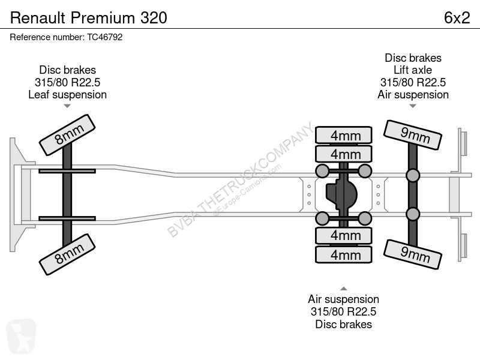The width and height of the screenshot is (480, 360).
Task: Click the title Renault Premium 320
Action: coord(88,18)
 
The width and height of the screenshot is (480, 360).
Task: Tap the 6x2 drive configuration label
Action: coord(457,18)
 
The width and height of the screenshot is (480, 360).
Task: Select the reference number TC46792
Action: coord(104,37)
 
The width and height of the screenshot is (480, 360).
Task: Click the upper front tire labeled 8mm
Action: coord(67,135)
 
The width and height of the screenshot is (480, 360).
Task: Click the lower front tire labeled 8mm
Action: coord(67,254)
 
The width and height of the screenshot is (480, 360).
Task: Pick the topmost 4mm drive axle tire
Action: coord(344,135)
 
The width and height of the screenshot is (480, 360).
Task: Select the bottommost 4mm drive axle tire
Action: coord(344,254)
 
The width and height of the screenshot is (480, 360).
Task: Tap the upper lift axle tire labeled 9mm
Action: coord(413,135)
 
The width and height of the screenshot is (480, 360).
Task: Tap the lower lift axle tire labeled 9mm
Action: coord(413,254)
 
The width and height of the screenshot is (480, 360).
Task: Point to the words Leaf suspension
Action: coord(67,95)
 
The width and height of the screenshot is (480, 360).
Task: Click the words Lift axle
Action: coord(413,70)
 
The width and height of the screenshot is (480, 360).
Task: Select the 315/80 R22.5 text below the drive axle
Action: coord(343,311)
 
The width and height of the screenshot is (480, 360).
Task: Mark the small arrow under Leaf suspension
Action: coord(67,106)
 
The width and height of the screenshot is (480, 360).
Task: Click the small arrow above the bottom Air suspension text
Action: coord(344,289)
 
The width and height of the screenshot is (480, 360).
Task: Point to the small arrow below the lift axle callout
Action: coord(413,106)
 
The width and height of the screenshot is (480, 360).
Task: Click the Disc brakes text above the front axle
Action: coord(67,70)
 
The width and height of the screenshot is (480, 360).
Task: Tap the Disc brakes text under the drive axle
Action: coord(343,324)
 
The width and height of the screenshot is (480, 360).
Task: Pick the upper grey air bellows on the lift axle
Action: coord(413,176)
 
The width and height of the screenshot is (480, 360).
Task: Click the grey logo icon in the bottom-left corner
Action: coord(21,337)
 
